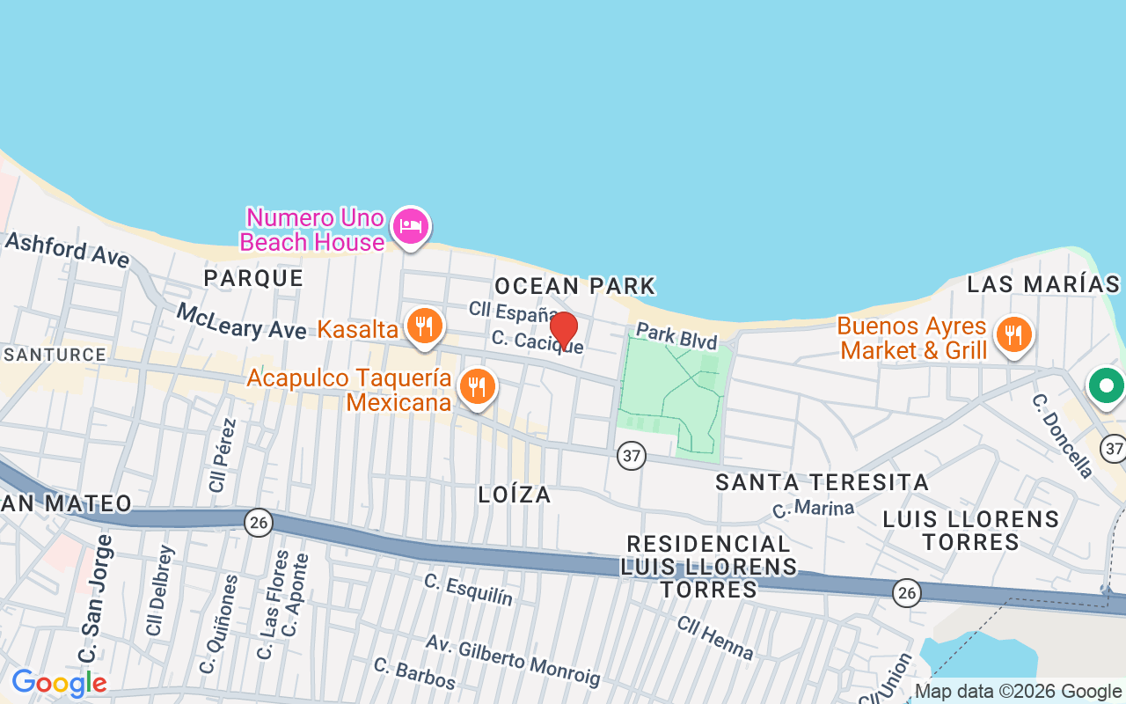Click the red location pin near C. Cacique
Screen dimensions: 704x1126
pos(564,329)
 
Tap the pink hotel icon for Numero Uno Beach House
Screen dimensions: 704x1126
pos(410,226)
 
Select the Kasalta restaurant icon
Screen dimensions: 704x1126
pos(424,326)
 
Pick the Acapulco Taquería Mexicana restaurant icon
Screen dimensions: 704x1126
pos(477,386)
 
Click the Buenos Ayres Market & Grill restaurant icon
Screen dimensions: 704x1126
pos(1013,334)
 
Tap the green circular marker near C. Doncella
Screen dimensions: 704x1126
pos(1105,385)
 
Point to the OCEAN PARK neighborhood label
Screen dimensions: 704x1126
pos(575,286)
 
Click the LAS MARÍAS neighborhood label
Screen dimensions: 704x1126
pos(1043,284)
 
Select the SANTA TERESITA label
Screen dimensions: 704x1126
pos(822,482)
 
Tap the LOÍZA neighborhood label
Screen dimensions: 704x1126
pos(515,495)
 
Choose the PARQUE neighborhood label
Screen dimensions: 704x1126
pos(253,278)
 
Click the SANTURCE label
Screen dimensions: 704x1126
pos(55,355)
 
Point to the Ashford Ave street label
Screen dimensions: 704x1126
pos(68,250)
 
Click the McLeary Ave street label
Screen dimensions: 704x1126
pos(241,322)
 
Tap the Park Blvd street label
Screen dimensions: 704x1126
pos(676,336)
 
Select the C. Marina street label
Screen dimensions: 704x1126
pos(813,509)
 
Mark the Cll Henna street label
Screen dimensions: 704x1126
pos(715,637)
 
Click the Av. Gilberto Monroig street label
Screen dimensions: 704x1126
pos(513,659)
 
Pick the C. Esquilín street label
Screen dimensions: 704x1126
pos(468,589)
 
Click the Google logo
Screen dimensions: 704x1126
pos(59,683)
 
